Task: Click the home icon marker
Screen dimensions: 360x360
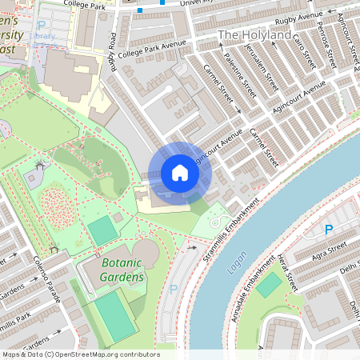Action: (180, 173)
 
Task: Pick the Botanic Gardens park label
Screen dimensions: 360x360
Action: (122, 270)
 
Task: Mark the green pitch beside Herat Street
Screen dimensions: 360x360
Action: (270, 285)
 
